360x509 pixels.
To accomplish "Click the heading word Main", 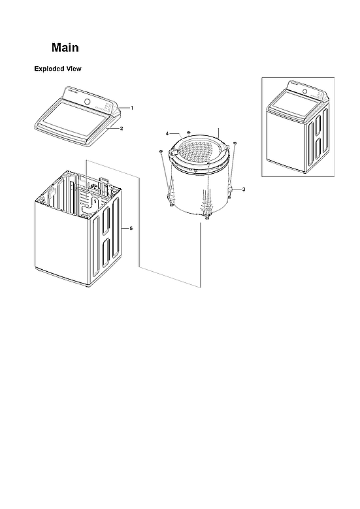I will (65, 48).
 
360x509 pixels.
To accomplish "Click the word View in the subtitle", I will (73, 69).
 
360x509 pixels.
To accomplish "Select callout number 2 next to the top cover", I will (121, 129).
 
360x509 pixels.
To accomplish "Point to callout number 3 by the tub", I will (243, 189).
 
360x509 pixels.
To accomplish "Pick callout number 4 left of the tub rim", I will (167, 133).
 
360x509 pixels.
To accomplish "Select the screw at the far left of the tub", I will (159, 152).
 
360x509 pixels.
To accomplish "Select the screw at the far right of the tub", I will (235, 142).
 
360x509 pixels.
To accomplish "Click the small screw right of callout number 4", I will (188, 133).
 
